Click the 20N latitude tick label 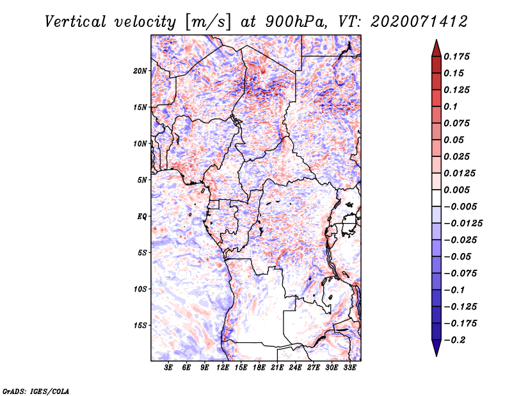coord(140,70)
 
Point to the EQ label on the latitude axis coord(142,216)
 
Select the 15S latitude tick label coord(140,326)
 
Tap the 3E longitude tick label coord(168,368)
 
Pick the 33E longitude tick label coord(349,368)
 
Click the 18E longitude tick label coord(259,368)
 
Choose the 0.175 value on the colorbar coord(456,56)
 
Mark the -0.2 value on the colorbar coord(454,340)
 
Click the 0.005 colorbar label coord(456,190)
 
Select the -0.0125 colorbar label coord(463,224)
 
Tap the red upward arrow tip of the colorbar coord(436,40)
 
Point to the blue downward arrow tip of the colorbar coord(436,356)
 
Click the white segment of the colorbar coord(436,198)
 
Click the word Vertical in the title coord(76,22)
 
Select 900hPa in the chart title coord(296,22)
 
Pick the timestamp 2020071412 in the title coord(419,22)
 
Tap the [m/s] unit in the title coord(208,22)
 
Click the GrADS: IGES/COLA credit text coord(36,391)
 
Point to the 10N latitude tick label coord(140,144)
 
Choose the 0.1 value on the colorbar coord(451,106)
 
